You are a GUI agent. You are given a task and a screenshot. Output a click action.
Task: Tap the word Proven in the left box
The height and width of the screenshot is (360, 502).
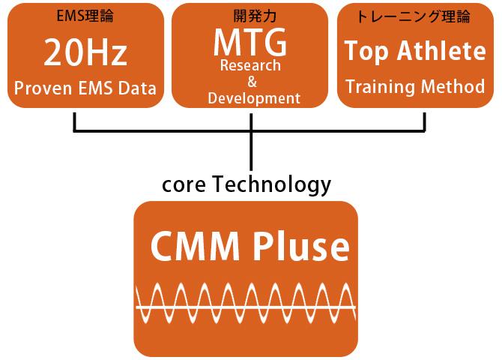41,88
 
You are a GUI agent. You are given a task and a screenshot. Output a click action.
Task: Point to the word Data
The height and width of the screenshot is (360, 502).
136,88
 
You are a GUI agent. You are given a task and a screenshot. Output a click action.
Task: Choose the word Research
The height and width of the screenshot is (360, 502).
250,65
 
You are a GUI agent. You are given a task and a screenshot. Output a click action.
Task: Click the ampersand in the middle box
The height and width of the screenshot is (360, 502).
252,82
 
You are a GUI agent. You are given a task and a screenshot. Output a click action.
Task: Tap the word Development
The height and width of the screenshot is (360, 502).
254,98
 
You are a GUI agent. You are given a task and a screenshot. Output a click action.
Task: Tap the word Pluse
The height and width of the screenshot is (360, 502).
301,247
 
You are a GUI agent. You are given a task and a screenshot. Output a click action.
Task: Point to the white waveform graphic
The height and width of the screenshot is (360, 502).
245,307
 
